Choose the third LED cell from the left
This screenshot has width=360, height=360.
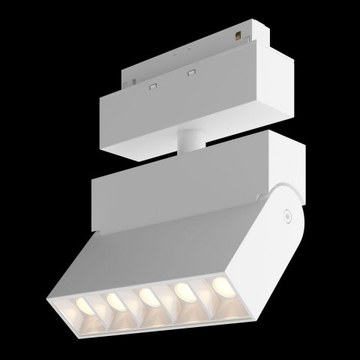click(146, 298)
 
